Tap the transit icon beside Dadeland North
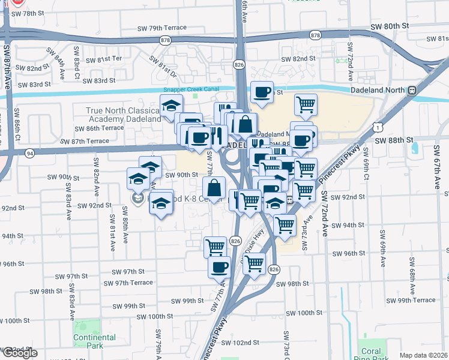coord(412,91)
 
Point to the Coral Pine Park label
coord(372,355)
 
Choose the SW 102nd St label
coord(240,343)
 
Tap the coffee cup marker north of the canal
coord(262,92)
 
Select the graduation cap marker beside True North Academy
coord(172,105)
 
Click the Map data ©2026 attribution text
coord(424,355)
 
